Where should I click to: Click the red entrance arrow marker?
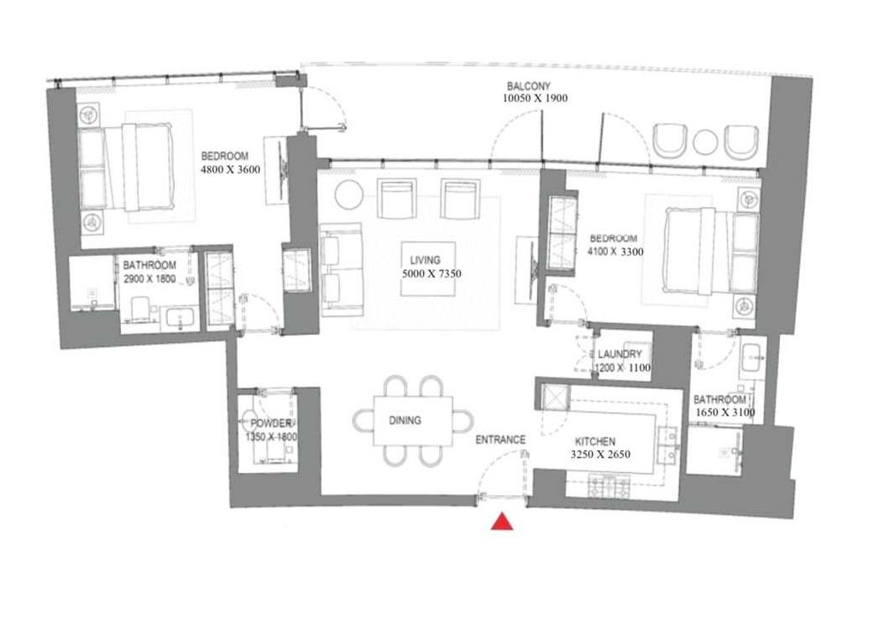coord(503,523)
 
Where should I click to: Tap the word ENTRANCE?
coord(501,439)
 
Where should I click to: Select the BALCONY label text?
coord(529,86)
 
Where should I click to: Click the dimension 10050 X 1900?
coord(529,99)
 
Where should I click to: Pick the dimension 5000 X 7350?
coord(430,274)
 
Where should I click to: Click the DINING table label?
coord(405,421)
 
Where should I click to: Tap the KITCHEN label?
coord(595,441)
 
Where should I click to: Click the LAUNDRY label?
coord(624,354)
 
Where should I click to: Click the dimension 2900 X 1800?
coord(149,278)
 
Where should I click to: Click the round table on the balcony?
coord(706,142)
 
